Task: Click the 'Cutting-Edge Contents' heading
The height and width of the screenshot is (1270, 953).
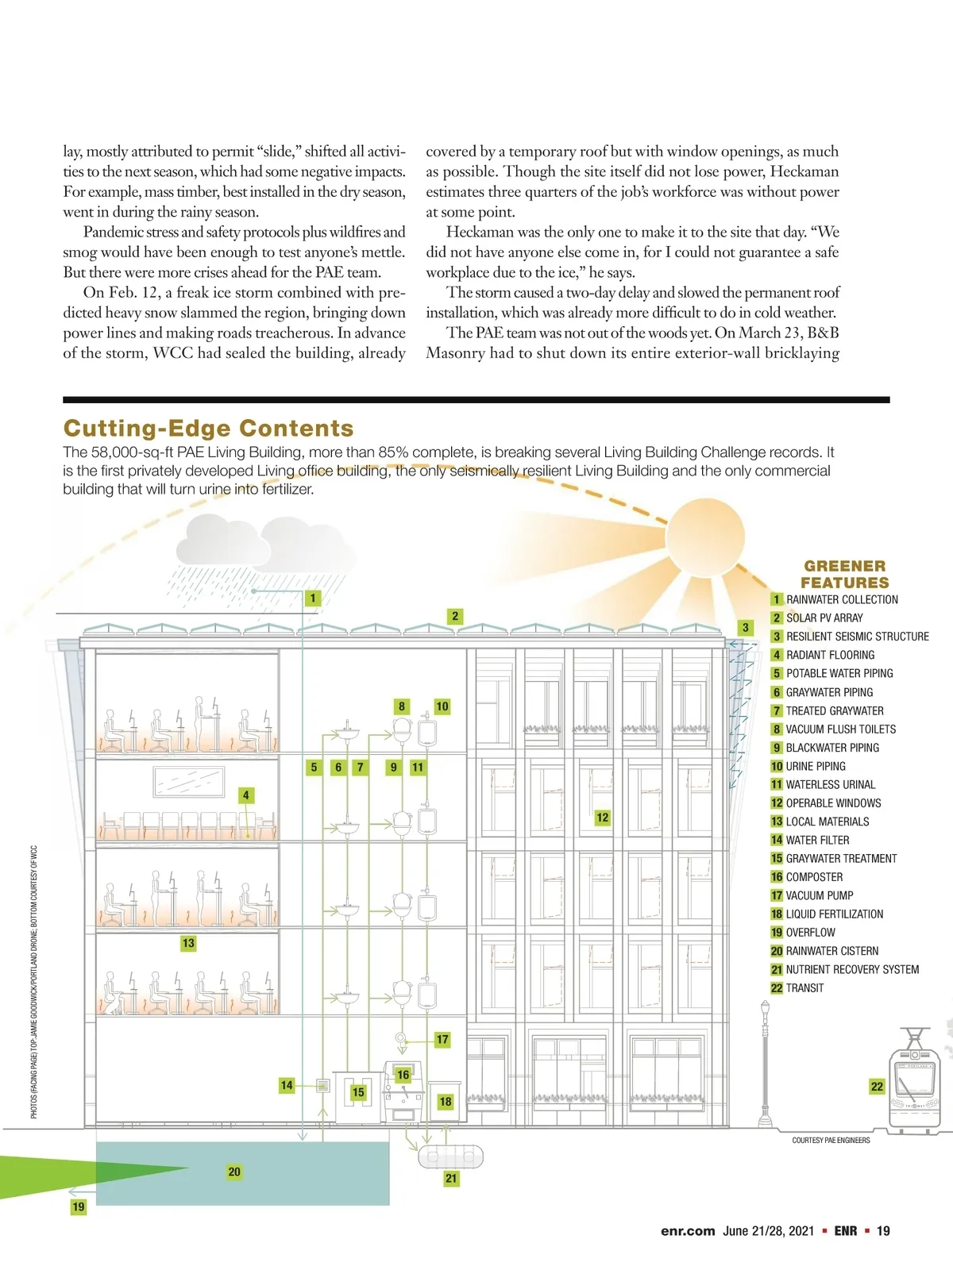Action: click(208, 429)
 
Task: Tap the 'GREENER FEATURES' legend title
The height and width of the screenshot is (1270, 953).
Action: click(844, 574)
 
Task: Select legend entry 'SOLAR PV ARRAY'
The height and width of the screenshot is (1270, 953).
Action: click(824, 618)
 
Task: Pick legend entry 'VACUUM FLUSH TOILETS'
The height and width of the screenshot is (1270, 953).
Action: click(840, 729)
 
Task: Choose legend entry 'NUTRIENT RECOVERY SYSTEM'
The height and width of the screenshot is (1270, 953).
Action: click(851, 969)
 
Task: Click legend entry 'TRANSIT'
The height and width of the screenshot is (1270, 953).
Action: click(804, 988)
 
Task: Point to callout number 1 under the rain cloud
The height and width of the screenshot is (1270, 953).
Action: click(313, 598)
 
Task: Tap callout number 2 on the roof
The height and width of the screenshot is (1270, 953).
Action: click(455, 616)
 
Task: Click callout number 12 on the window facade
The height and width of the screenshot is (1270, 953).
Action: click(603, 817)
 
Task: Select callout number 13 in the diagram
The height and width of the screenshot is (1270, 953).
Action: click(188, 943)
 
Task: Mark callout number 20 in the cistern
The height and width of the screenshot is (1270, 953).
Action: click(234, 1172)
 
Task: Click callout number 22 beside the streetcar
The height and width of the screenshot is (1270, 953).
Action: click(877, 1087)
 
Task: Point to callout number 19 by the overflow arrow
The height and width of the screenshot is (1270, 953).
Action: click(79, 1206)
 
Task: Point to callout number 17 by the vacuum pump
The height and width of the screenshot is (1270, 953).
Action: click(442, 1039)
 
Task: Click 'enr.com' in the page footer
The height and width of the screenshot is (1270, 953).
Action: click(688, 1231)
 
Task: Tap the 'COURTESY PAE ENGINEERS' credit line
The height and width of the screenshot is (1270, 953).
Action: click(831, 1141)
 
